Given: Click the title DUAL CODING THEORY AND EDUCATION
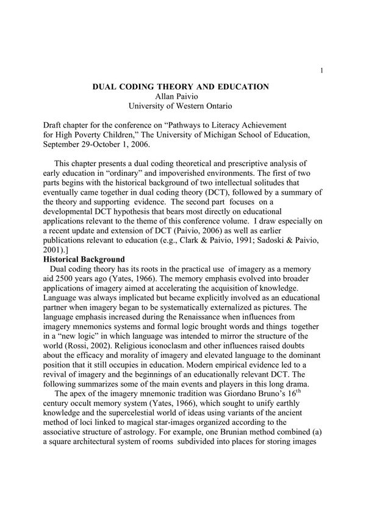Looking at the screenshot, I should (180, 87).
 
